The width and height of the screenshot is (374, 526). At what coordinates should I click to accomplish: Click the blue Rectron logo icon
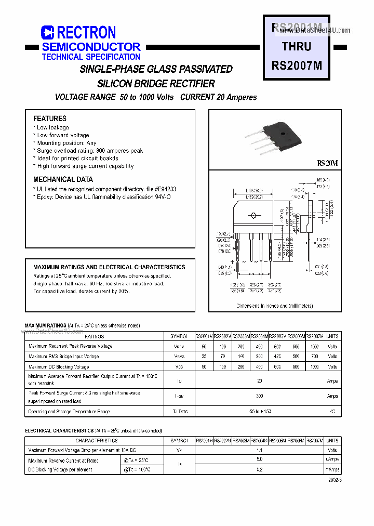[x=48, y=33]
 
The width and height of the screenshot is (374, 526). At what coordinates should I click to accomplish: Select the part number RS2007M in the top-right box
[x=297, y=65]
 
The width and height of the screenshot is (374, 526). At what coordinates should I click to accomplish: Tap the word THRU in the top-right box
[x=297, y=47]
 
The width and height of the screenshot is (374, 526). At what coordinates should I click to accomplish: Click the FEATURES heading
[x=50, y=119]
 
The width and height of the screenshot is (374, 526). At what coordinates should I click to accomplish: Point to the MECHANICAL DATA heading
[x=63, y=179]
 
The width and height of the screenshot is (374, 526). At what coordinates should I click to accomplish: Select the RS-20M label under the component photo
[x=327, y=163]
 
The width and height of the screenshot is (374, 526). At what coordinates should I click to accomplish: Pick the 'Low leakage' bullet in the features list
[x=52, y=127]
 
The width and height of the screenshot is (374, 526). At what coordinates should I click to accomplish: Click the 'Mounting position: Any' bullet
[x=66, y=143]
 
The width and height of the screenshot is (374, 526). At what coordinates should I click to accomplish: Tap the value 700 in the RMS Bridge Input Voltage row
[x=314, y=357]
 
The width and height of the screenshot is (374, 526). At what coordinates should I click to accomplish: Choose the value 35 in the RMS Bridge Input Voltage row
[x=204, y=357]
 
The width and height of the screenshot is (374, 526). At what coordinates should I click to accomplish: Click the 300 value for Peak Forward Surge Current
[x=260, y=396]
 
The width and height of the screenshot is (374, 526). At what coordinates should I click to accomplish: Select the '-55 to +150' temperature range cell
[x=260, y=412]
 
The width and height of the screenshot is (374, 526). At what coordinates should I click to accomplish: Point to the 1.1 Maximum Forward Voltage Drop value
[x=260, y=450]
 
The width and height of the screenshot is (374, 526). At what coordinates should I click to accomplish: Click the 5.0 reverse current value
[x=260, y=459]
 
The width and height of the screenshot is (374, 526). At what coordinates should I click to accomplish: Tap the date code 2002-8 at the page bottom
[x=335, y=480]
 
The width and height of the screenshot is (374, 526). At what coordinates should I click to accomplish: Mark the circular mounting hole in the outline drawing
[x=253, y=216]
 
